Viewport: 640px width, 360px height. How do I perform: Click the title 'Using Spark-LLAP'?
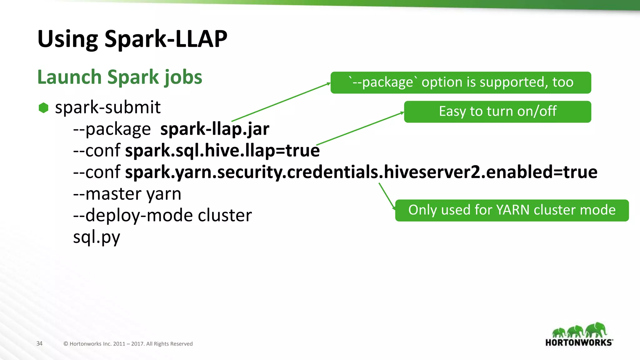point(132,39)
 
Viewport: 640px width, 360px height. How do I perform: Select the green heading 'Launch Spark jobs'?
point(120,77)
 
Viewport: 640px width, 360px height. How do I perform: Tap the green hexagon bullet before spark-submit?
point(43,108)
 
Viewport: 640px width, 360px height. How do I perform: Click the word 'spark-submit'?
point(107,107)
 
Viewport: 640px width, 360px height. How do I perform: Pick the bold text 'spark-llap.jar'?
point(215,129)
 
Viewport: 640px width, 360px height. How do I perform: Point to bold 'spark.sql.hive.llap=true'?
point(222,150)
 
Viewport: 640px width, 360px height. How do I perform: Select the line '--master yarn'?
point(127,194)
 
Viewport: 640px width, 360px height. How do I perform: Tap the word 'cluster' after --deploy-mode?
point(225,215)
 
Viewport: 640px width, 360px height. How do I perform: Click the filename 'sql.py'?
point(97,237)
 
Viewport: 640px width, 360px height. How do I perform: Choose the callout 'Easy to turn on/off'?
point(497,112)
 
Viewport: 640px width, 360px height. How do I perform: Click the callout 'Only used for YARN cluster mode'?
point(512,210)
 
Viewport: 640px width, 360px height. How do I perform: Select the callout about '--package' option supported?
point(461,82)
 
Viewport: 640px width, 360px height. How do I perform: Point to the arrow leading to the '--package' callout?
point(281,102)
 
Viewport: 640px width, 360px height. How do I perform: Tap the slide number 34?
point(39,343)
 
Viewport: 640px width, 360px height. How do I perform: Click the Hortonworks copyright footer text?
point(128,344)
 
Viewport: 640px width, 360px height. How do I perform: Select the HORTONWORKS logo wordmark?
point(579,342)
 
